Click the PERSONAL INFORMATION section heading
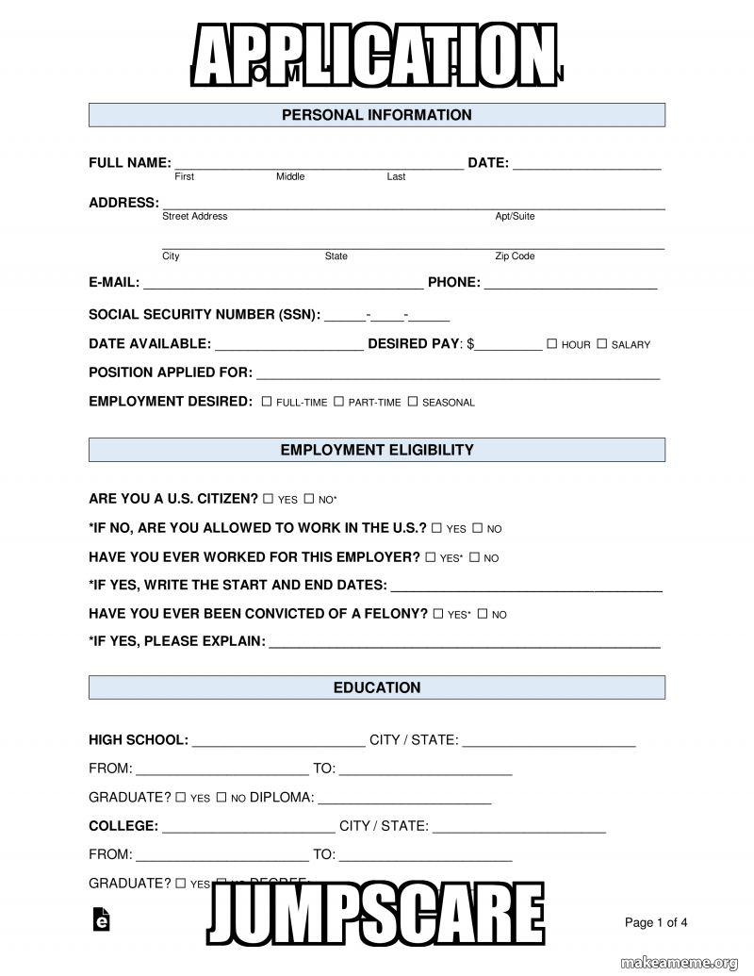click(x=376, y=115)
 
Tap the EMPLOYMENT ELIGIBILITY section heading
click(x=376, y=450)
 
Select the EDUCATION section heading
click(x=376, y=687)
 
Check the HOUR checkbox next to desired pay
click(x=552, y=344)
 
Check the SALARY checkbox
click(x=601, y=344)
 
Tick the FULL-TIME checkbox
click(x=267, y=402)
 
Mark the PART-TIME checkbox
click(x=338, y=402)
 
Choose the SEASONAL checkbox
click(x=412, y=402)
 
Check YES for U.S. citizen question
click(x=269, y=499)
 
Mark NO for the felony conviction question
click(x=483, y=614)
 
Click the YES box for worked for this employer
click(x=431, y=557)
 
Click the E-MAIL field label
click(x=114, y=282)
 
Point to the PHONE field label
click(x=453, y=282)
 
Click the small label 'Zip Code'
click(x=515, y=256)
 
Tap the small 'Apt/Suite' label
click(x=515, y=217)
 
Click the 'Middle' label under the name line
click(x=290, y=177)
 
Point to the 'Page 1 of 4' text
click(x=656, y=922)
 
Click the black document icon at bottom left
click(x=101, y=920)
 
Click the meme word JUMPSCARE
click(x=376, y=915)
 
